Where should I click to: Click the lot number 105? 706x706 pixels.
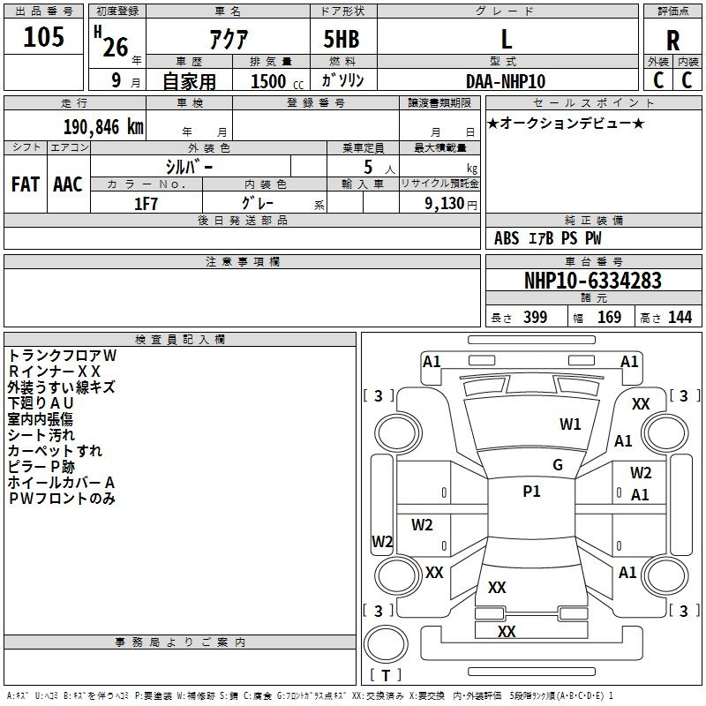pos(44,37)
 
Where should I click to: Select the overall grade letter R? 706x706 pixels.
pos(672,41)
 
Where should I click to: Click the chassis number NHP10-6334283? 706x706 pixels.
pos(592,281)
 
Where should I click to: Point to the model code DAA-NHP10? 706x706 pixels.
pos(506,81)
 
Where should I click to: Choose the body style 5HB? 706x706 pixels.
pos(341,40)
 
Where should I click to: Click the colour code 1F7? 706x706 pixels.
pos(146,204)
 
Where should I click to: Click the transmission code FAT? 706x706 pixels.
pos(26,184)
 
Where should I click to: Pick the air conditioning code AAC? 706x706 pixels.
pos(67,184)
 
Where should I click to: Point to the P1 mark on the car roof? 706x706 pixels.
pos(531,492)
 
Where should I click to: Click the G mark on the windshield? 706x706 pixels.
pos(557,465)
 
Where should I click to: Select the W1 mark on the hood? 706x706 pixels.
pos(570,424)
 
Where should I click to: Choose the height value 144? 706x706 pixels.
pos(680,318)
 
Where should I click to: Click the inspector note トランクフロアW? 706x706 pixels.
pos(62,355)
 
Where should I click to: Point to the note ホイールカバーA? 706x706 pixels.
pos(62,483)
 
